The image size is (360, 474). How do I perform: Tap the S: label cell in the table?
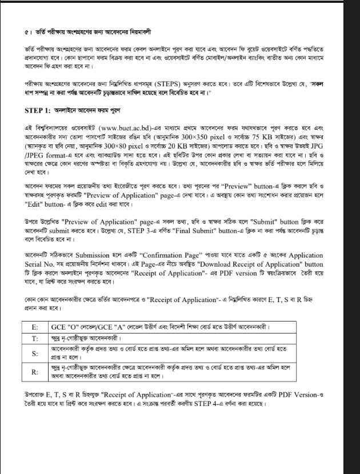click(x=35, y=352)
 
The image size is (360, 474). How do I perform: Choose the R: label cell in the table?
click(x=35, y=372)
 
